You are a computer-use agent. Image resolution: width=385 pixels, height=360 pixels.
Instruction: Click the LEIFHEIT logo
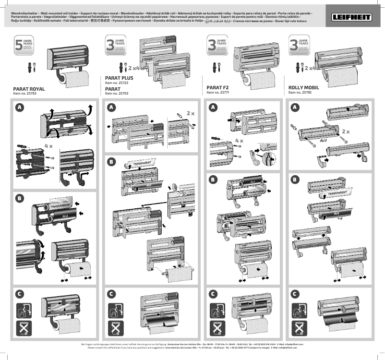tap(355, 17)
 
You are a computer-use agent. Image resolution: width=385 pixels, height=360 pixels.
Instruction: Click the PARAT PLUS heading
tap(119, 77)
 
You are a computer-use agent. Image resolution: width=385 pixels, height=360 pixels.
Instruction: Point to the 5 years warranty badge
tap(24, 46)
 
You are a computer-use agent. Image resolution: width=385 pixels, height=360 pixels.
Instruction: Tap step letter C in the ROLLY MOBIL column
tap(295, 293)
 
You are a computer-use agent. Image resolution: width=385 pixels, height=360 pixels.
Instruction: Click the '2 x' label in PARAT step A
tap(190, 113)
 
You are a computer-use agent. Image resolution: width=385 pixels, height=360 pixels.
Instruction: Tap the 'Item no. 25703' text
tap(116, 94)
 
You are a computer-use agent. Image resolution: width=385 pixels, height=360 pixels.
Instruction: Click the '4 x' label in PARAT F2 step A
tap(239, 141)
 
